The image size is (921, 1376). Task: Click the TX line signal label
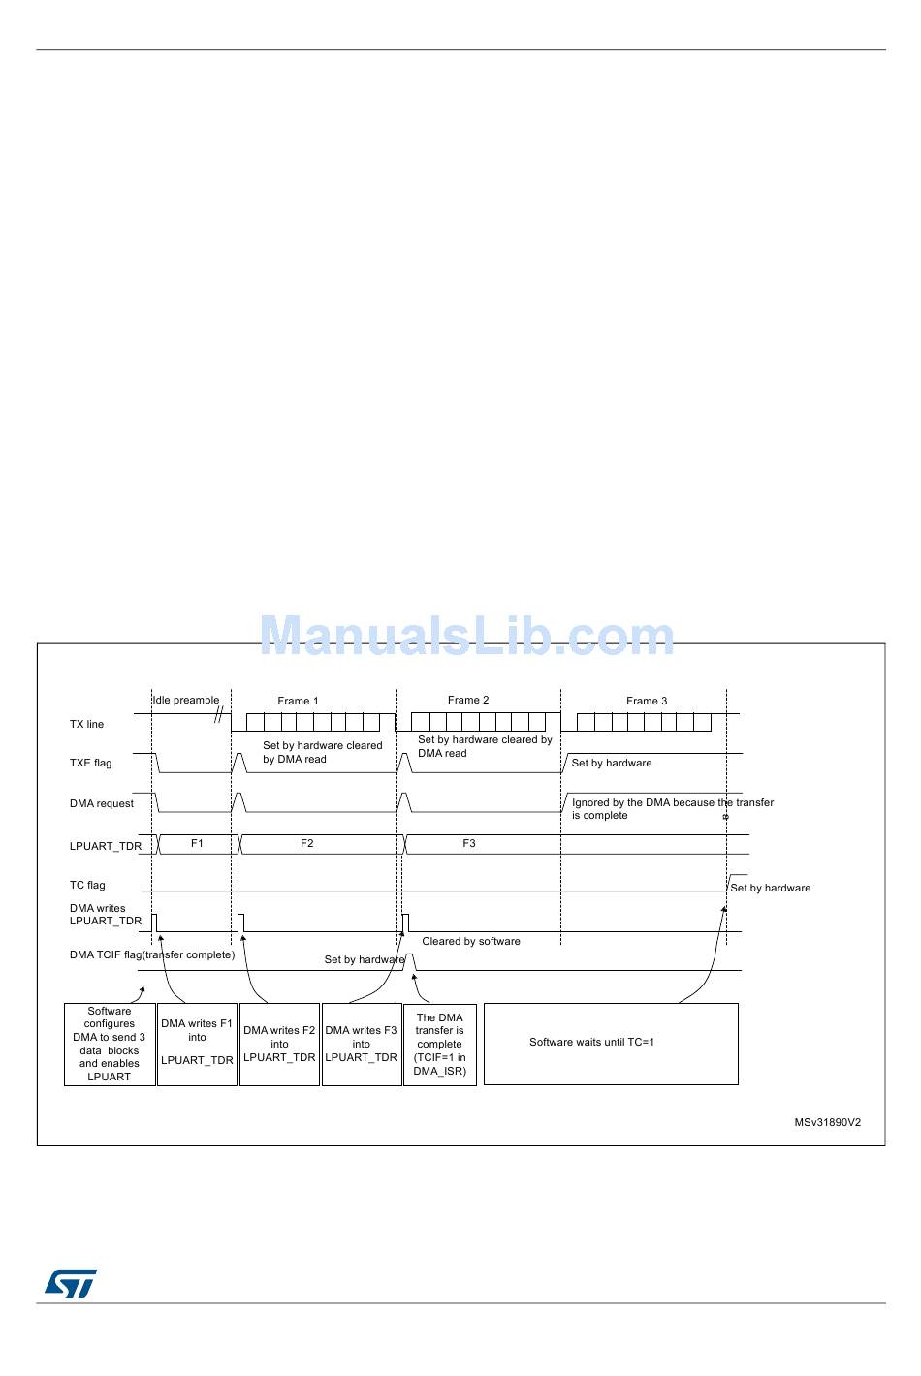[86, 724]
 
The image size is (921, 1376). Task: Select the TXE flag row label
[90, 763]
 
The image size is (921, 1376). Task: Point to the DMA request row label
[102, 803]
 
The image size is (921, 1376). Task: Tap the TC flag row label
[87, 885]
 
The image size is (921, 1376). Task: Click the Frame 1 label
[298, 701]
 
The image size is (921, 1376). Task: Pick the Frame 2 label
[468, 700]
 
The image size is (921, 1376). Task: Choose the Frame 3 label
[647, 701]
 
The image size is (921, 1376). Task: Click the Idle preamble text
[186, 700]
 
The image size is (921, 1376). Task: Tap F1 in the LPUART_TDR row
[197, 843]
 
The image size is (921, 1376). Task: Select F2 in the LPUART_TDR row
[307, 843]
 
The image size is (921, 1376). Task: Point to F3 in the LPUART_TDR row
[469, 843]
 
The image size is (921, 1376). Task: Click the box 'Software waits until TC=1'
[611, 1044]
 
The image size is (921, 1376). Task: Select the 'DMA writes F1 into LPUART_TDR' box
[197, 1044]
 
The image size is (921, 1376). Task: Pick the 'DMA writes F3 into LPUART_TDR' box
[361, 1044]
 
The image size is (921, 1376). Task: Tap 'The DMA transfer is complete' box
[439, 1044]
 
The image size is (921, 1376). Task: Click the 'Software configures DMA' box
[110, 1044]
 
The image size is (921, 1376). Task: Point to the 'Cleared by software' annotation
[471, 941]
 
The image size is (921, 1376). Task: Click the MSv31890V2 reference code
[827, 1123]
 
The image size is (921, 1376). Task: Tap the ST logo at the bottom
[70, 1284]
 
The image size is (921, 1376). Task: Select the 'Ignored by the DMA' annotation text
[672, 808]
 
